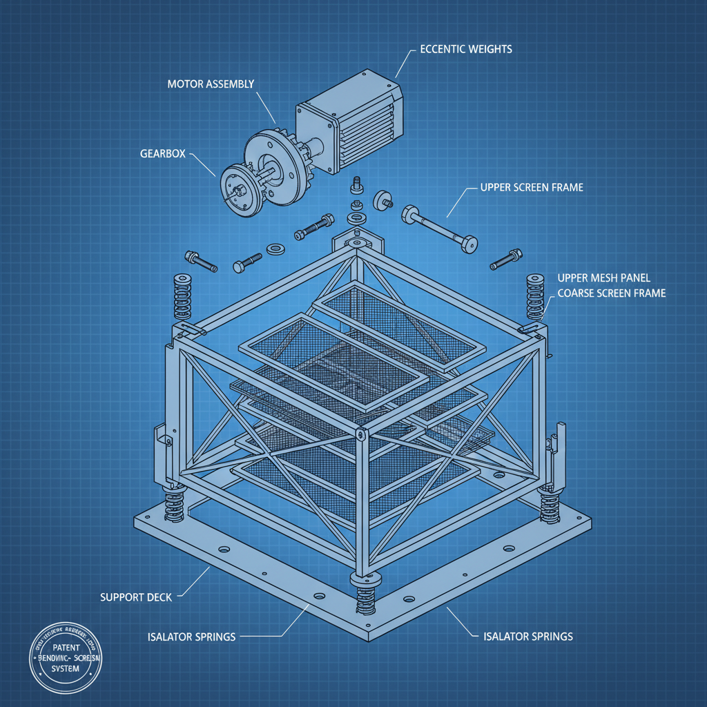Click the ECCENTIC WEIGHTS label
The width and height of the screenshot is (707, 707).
pos(465,50)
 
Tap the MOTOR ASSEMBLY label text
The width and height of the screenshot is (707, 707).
pos(211,84)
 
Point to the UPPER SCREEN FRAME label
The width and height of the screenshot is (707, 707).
pos(531,187)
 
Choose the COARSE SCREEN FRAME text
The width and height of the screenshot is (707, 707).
pos(611,293)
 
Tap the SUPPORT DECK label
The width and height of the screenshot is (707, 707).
pos(136,596)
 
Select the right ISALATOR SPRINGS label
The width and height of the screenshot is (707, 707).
pos(525,636)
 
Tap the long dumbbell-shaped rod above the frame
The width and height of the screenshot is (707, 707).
pos(439,226)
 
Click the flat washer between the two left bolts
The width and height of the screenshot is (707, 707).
pos(275,247)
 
